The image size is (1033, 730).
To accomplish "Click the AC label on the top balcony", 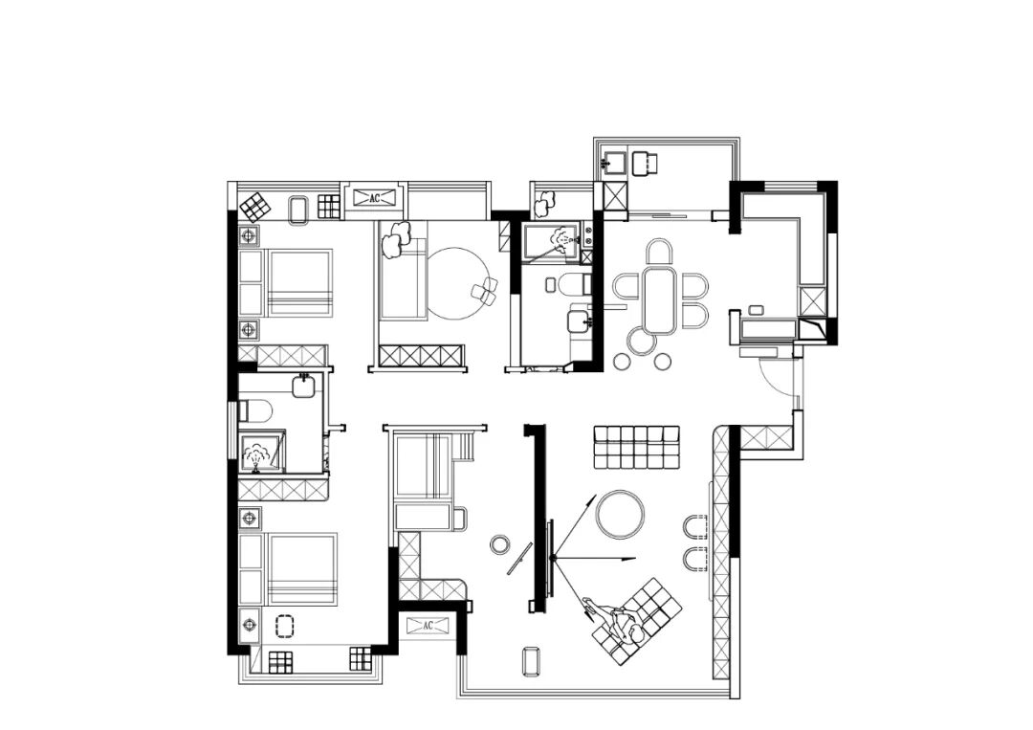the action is pyautogui.click(x=375, y=198).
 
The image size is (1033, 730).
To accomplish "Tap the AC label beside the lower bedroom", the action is pyautogui.click(x=428, y=625).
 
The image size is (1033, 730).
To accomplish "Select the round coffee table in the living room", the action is pyautogui.click(x=620, y=515).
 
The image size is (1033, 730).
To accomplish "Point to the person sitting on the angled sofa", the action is pyautogui.click(x=617, y=619).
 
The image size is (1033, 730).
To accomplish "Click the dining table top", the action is pyautogui.click(x=659, y=299).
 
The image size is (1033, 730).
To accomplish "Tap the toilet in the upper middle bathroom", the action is pyautogui.click(x=570, y=284).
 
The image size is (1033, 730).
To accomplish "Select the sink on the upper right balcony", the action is pyautogui.click(x=614, y=162).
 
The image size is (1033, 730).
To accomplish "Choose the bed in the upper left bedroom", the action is pyautogui.click(x=298, y=282).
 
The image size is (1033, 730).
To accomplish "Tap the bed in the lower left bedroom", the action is pyautogui.click(x=302, y=569).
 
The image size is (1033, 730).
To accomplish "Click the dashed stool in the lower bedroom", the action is pyautogui.click(x=284, y=626).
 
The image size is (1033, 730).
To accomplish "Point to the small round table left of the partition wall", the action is pyautogui.click(x=500, y=544).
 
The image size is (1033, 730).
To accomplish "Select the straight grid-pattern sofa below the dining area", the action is pyautogui.click(x=636, y=448).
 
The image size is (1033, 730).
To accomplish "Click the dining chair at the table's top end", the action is pyautogui.click(x=659, y=252).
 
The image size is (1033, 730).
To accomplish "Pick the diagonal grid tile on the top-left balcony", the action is pyautogui.click(x=255, y=207).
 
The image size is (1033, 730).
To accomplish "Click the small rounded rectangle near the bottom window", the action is pyautogui.click(x=530, y=661).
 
